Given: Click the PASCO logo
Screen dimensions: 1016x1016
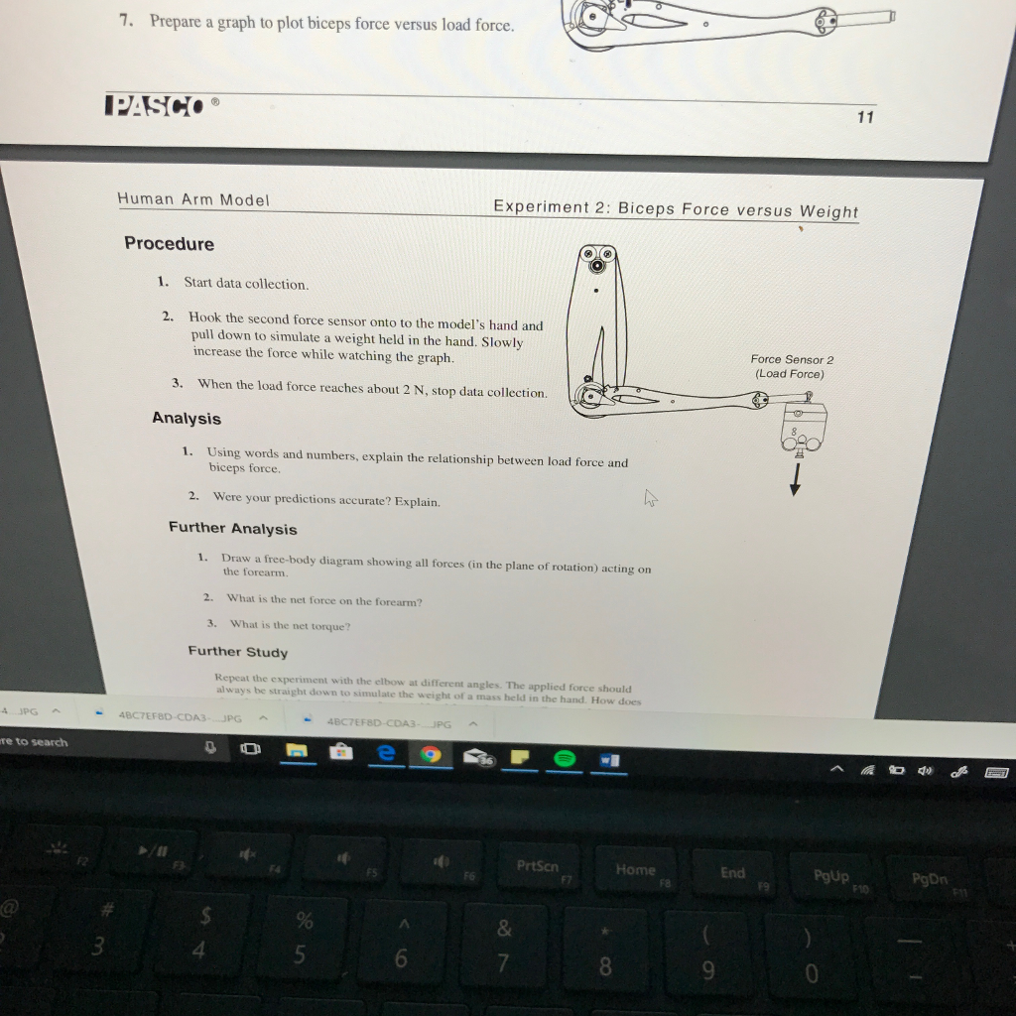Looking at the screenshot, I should (155, 105).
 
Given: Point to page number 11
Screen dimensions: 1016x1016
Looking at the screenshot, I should (865, 117).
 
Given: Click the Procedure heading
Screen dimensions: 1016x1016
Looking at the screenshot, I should (169, 244).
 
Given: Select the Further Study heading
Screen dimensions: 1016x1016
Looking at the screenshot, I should (238, 652).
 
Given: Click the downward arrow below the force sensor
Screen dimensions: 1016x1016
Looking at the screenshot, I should (794, 480).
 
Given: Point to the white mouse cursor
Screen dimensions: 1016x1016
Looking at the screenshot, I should (651, 498).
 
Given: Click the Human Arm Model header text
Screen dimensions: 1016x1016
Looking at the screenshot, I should (193, 199).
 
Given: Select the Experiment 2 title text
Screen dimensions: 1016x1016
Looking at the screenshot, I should (676, 209).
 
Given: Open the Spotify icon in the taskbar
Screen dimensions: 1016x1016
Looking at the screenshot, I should (566, 758).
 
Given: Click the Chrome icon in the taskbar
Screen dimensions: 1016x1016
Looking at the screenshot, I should (432, 756).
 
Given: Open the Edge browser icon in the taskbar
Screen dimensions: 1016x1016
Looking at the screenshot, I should (386, 754).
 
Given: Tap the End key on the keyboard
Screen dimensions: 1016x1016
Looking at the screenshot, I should (732, 874).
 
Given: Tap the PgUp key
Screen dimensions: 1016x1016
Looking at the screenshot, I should (831, 877).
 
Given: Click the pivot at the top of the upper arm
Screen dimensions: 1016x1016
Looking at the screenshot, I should (597, 266).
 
